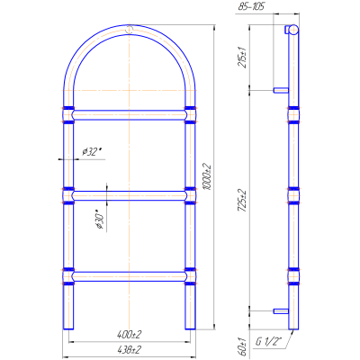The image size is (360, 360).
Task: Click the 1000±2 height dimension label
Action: point(207,176)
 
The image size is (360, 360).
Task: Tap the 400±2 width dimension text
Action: point(129,335)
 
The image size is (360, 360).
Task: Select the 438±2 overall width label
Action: point(129,349)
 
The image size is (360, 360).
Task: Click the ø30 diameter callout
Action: point(100,220)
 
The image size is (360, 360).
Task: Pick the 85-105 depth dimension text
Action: point(251,6)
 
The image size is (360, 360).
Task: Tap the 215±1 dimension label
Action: point(242,58)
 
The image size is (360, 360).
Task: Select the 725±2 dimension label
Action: point(242,201)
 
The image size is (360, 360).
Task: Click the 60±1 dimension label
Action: point(243,346)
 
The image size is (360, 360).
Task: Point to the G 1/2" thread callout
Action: point(269,342)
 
